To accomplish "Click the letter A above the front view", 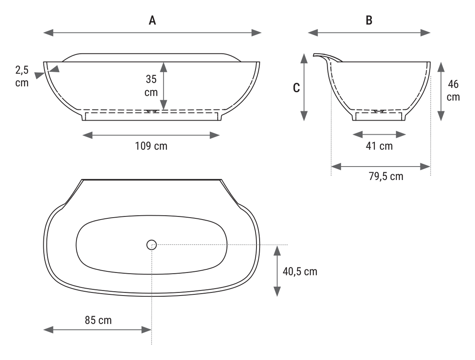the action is pyautogui.click(x=152, y=21).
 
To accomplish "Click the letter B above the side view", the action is pyautogui.click(x=369, y=21).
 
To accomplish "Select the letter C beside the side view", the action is pyautogui.click(x=296, y=88).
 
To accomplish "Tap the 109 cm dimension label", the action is pyautogui.click(x=151, y=146).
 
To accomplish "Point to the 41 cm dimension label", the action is pyautogui.click(x=379, y=146).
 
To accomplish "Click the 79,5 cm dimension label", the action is pyautogui.click(x=386, y=176).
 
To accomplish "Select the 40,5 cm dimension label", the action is pyautogui.click(x=300, y=271).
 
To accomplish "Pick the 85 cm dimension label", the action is pyautogui.click(x=98, y=320).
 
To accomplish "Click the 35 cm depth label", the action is pyautogui.click(x=151, y=85).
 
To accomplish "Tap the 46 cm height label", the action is pyautogui.click(x=453, y=90).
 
